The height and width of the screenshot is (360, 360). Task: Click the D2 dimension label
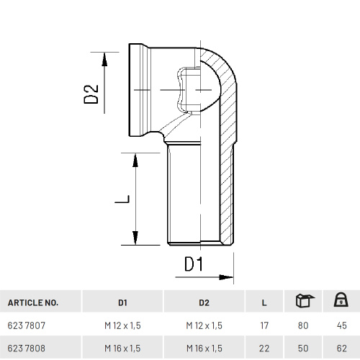[x=91, y=94]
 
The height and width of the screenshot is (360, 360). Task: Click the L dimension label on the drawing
[x=122, y=199]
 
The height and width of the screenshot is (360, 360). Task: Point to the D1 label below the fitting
[x=194, y=264]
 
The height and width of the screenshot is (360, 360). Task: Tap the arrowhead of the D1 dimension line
[x=226, y=277]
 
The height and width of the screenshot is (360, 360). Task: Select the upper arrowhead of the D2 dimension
[x=104, y=59]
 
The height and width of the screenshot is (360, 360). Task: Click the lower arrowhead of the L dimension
[x=135, y=238]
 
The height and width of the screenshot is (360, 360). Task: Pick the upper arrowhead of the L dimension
[x=135, y=160]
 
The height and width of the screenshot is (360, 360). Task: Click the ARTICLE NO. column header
[x=33, y=302]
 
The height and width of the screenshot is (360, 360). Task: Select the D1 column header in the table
[x=122, y=302]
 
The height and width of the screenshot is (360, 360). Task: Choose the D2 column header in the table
[x=204, y=302]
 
